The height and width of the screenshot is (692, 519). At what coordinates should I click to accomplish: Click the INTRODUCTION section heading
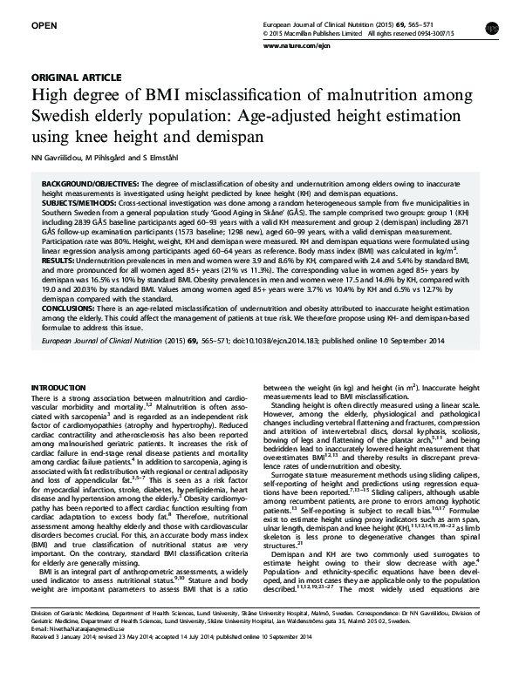pyautogui.click(x=58, y=386)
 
